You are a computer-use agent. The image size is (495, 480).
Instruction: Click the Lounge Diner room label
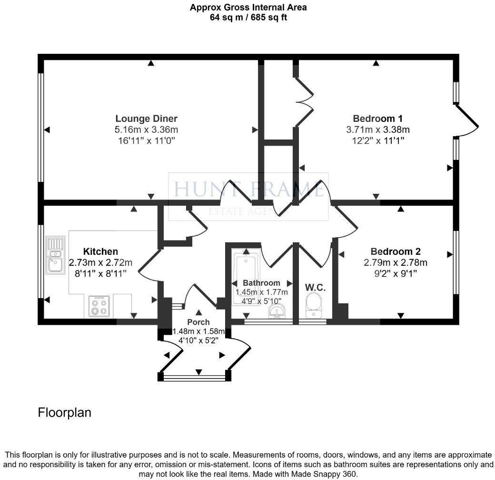146,119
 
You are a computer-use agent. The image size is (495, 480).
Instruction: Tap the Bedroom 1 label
377,119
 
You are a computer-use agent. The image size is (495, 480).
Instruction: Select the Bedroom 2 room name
396,251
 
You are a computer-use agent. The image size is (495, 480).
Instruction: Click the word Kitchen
100,251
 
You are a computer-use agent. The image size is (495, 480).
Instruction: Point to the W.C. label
315,288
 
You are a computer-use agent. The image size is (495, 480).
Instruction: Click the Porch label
198,322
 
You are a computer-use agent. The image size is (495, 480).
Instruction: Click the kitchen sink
55,256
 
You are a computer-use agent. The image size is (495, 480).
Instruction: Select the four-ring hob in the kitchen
99,306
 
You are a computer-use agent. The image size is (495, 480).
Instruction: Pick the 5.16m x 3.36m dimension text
146,130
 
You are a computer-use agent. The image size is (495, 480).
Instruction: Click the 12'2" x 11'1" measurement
377,140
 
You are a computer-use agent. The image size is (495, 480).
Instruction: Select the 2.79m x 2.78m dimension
396,262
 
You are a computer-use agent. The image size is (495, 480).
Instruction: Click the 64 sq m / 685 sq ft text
248,18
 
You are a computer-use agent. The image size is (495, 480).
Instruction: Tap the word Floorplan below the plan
64,412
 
